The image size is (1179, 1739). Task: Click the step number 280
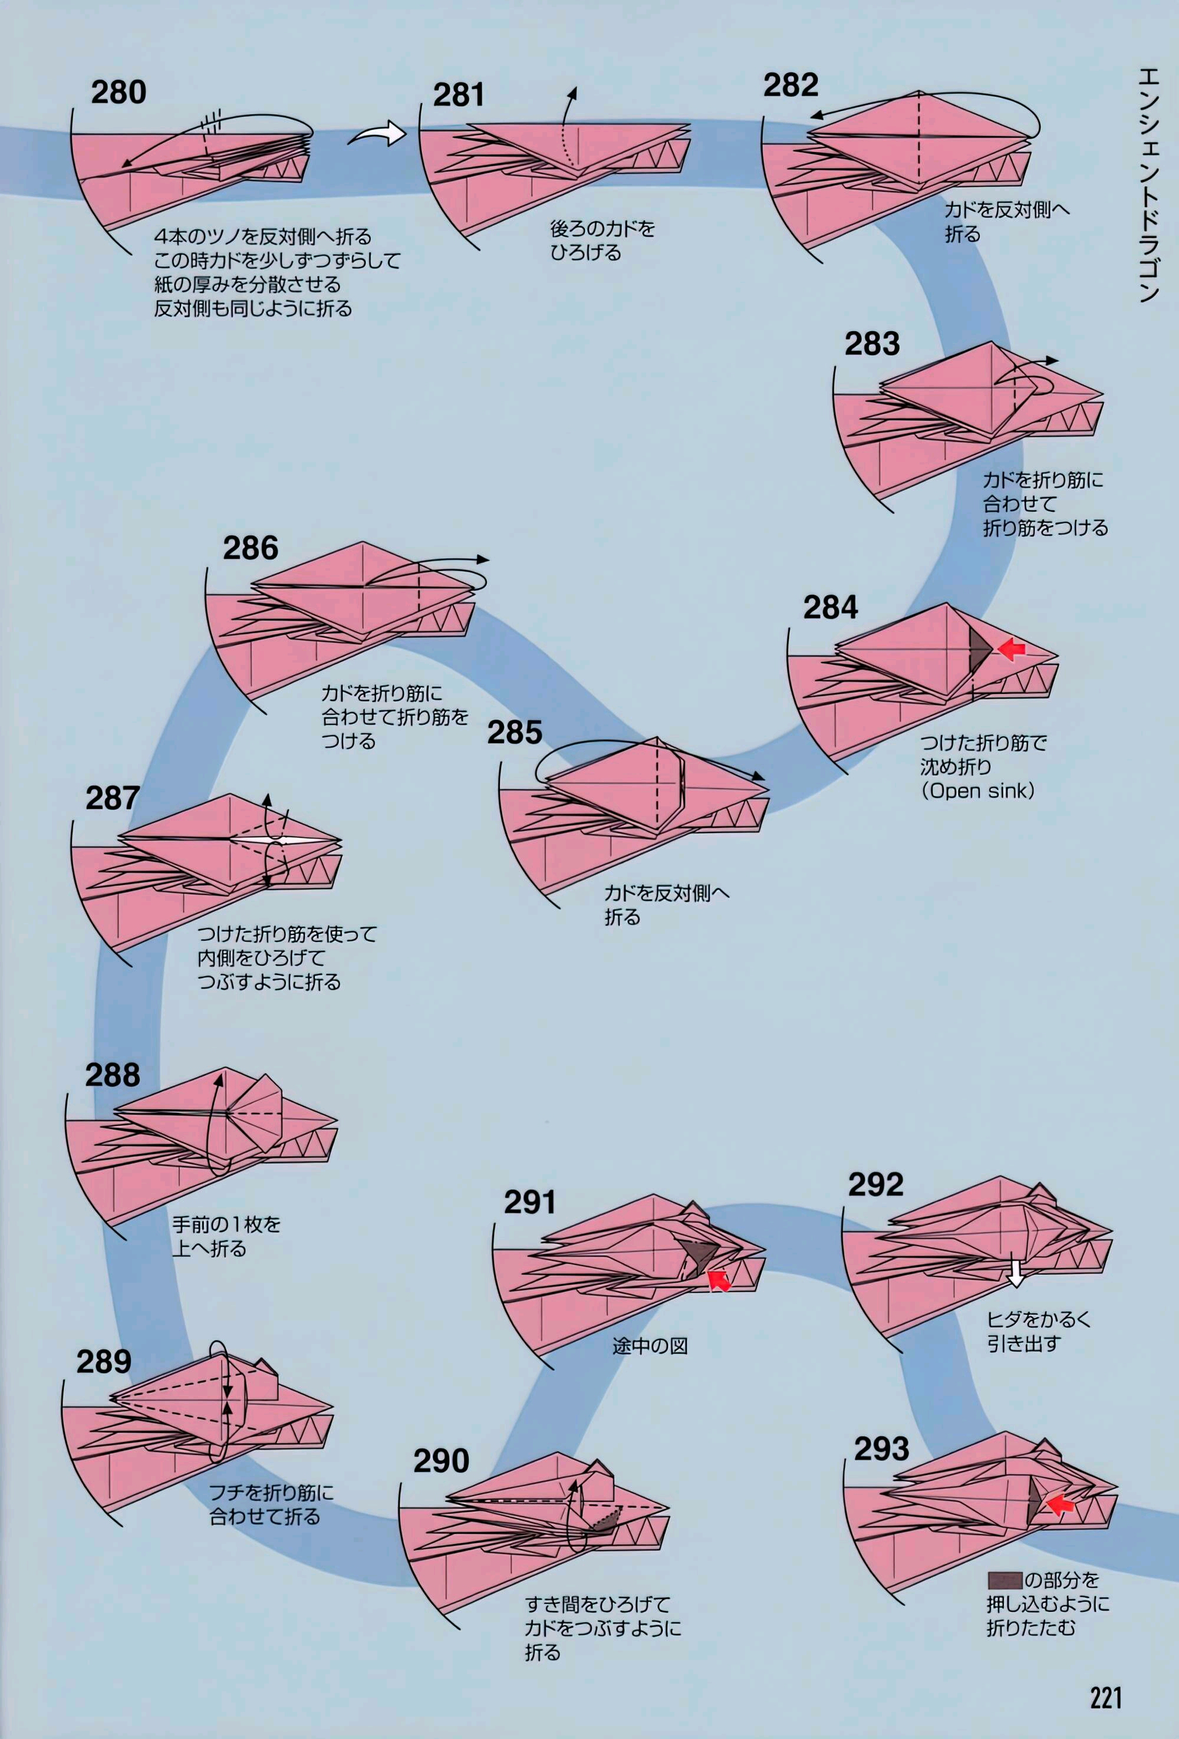[118, 93]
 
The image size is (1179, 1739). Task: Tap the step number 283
[872, 344]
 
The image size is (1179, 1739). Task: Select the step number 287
[112, 798]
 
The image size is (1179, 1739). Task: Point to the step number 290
[442, 1461]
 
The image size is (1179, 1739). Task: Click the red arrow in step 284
[1012, 650]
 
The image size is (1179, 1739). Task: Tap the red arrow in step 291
[720, 1280]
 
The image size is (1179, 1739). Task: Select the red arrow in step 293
[1060, 1504]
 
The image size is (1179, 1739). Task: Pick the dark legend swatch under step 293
[1004, 1580]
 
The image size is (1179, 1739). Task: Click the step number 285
[515, 733]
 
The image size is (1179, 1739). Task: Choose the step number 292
[875, 1184]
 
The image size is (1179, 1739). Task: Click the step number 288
[112, 1075]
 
